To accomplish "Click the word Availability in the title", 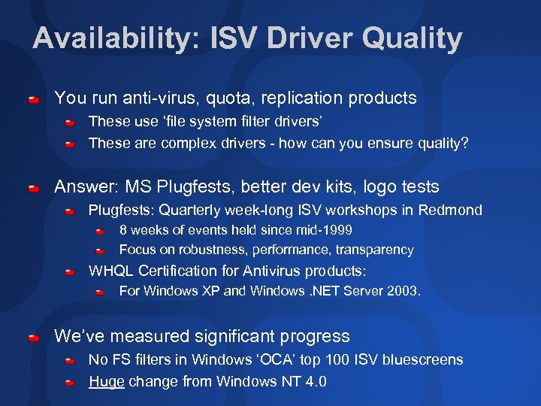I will tap(111, 38).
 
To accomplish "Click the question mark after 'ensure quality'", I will tap(464, 143).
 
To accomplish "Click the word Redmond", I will tap(451, 210).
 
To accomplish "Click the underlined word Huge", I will tap(107, 381).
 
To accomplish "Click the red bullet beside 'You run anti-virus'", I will tap(35, 98).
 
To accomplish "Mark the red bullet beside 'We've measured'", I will tap(35, 337).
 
